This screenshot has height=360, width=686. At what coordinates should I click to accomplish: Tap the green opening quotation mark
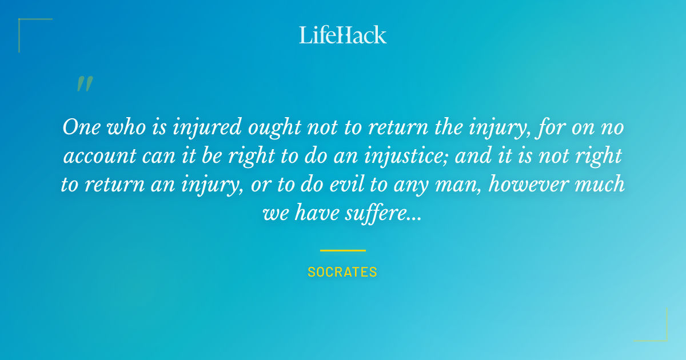click(84, 85)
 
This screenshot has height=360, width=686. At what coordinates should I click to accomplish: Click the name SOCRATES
click(342, 272)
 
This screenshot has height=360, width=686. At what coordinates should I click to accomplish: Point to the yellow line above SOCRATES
click(342, 250)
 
